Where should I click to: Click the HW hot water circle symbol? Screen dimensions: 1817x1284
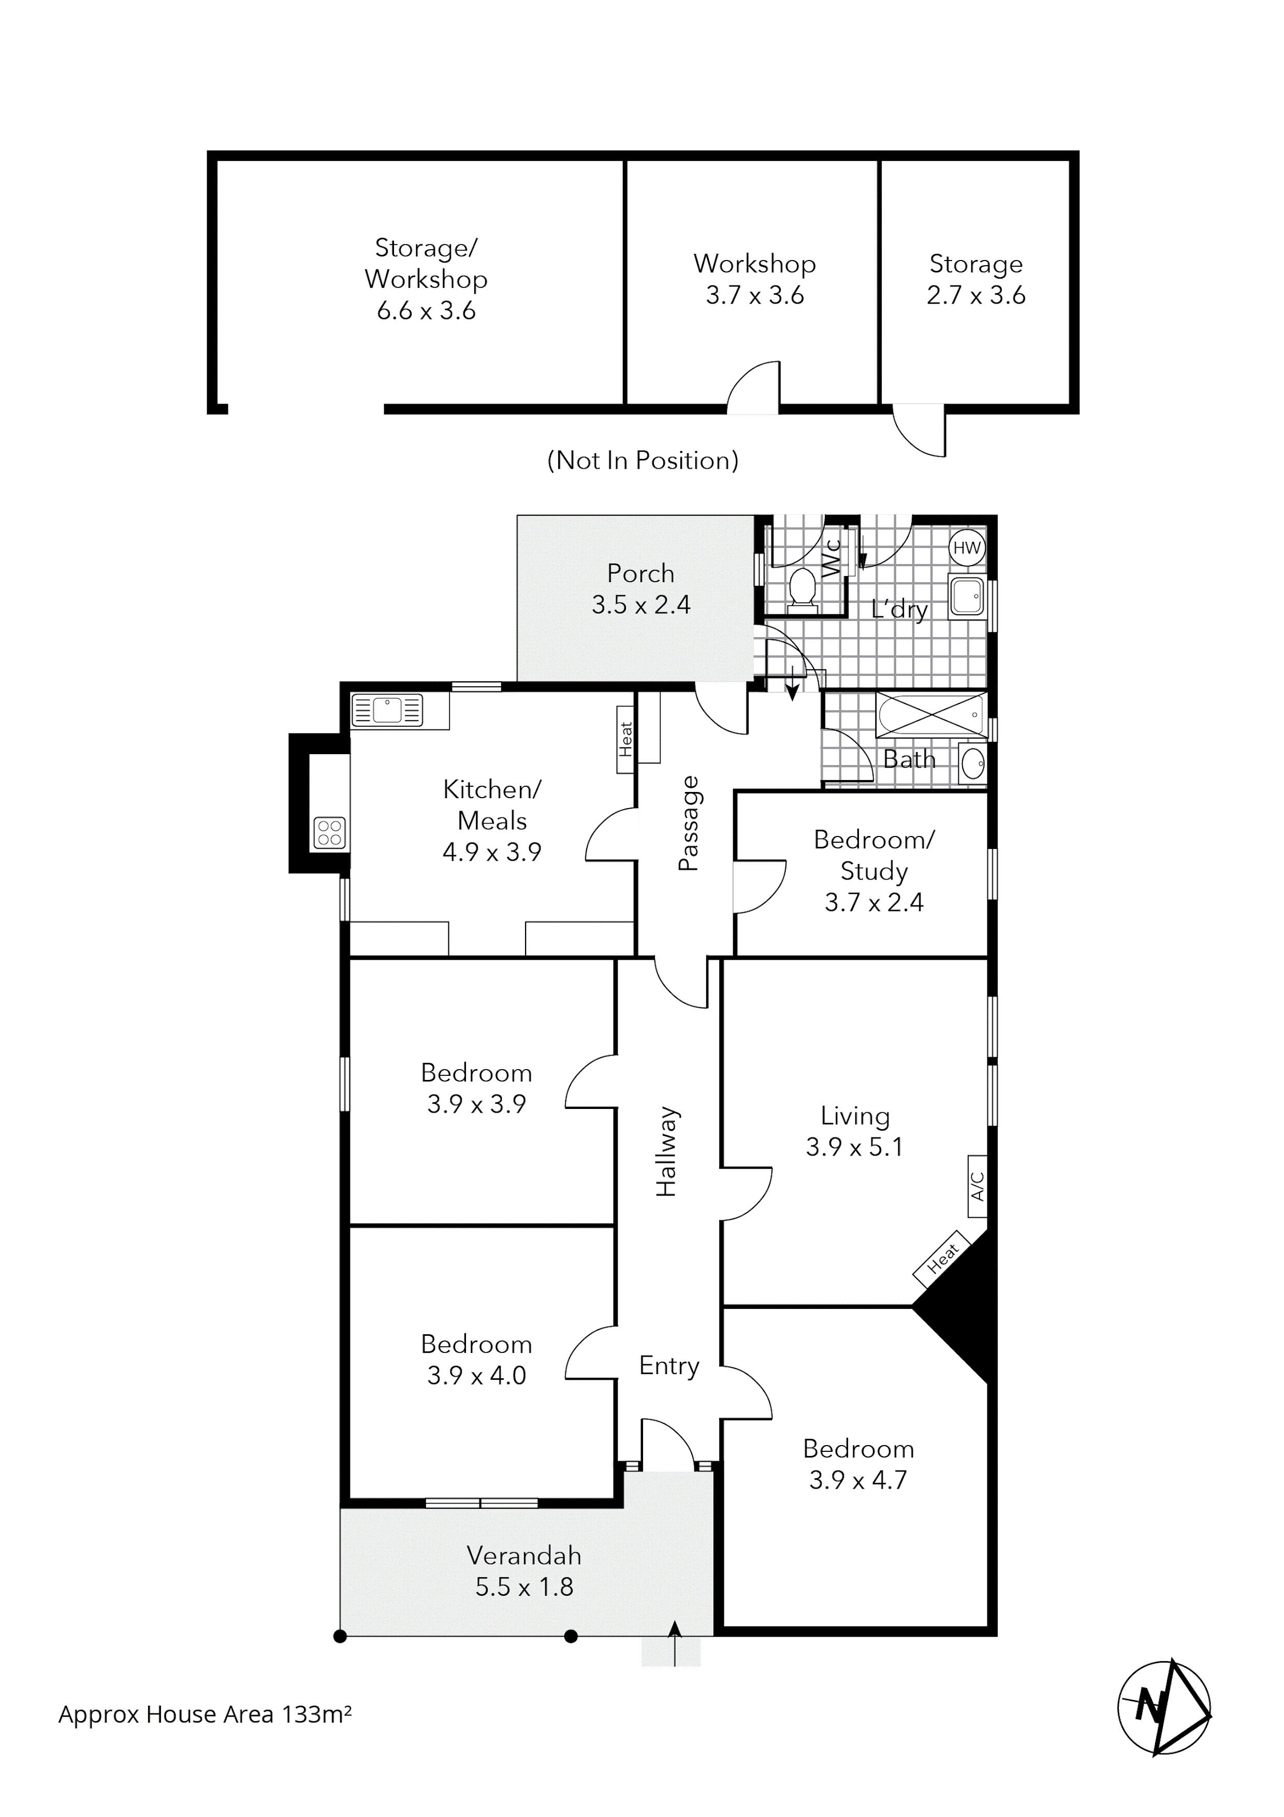(967, 547)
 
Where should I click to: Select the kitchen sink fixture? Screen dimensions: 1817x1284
(387, 710)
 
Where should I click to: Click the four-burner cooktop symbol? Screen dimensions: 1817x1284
(330, 832)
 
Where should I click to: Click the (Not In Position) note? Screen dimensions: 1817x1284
(643, 460)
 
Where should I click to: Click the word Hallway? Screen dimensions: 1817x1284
(667, 1151)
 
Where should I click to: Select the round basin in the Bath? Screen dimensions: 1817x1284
(973, 763)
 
